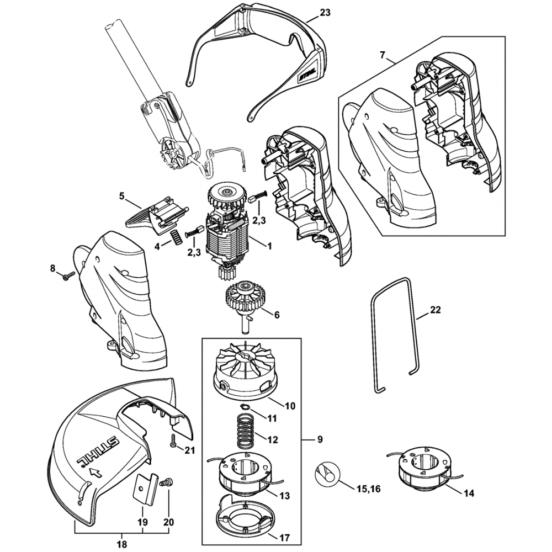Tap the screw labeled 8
67,275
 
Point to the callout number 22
436,310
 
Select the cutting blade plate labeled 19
145,488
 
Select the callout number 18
122,544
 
